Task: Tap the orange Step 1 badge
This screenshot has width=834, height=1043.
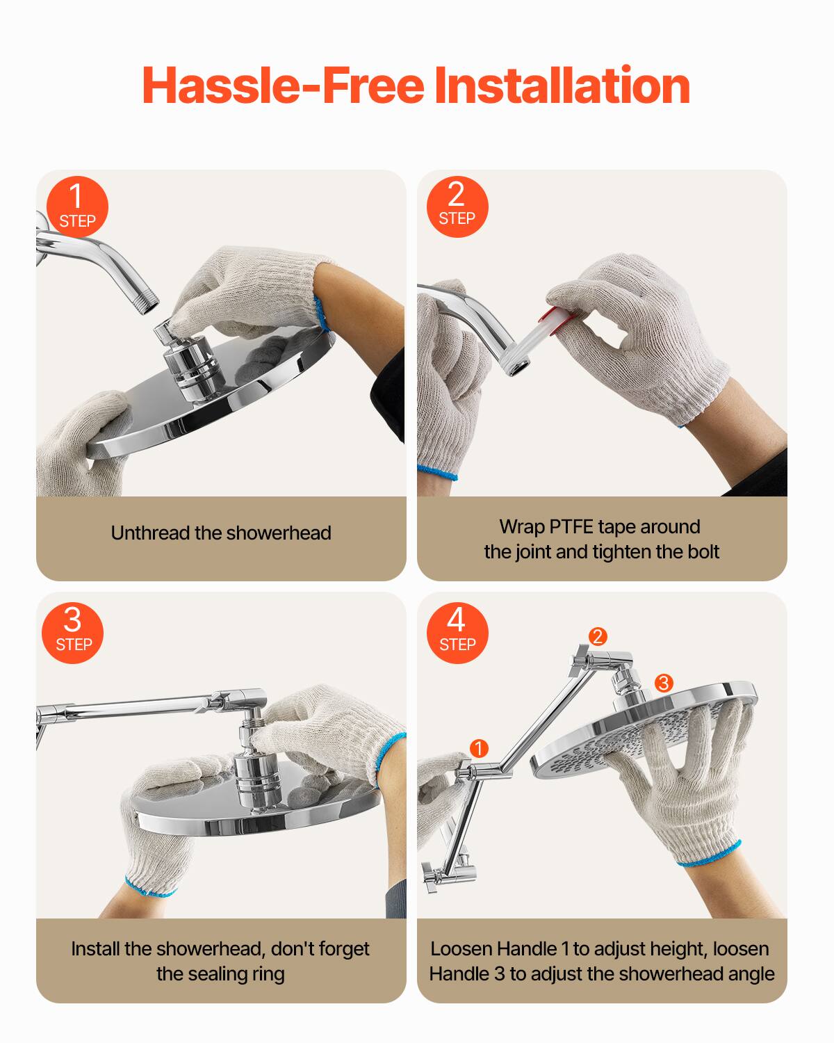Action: [77, 207]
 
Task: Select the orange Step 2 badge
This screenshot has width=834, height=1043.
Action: [457, 207]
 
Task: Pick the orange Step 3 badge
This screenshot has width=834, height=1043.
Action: [73, 633]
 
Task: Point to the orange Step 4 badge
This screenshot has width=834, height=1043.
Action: [457, 633]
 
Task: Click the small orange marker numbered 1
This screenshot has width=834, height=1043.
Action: [479, 748]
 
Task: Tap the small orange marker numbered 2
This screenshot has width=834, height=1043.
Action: [598, 636]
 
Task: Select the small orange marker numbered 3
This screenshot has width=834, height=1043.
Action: [664, 683]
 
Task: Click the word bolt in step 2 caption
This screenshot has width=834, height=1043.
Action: [703, 552]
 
